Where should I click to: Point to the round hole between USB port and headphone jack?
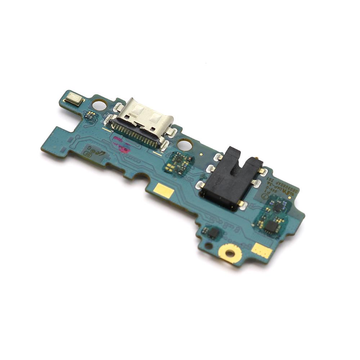point(185,145)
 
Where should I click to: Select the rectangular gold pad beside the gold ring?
point(261,250)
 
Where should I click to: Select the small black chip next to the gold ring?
point(213,233)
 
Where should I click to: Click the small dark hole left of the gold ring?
point(208,247)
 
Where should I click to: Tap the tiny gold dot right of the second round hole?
point(201,153)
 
